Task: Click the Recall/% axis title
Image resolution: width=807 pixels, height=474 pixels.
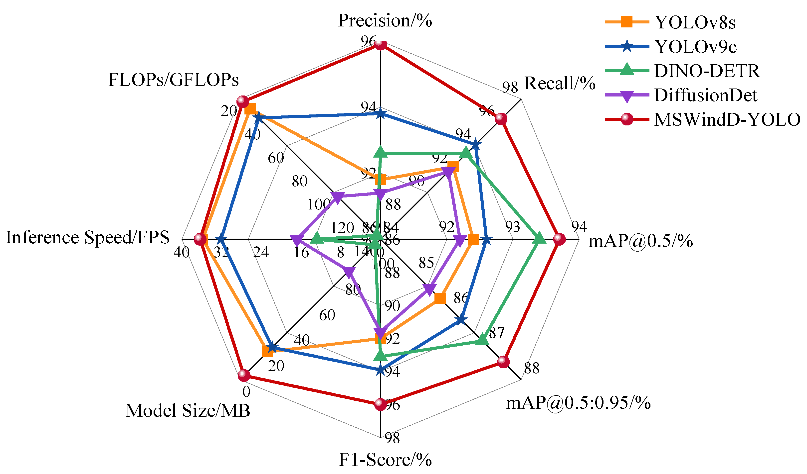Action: pyautogui.click(x=560, y=84)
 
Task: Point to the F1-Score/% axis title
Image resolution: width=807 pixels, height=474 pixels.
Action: pyautogui.click(x=385, y=460)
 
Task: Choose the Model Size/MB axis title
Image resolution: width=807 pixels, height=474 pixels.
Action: pyautogui.click(x=188, y=411)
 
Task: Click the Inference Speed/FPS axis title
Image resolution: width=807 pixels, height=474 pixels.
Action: pyautogui.click(x=87, y=238)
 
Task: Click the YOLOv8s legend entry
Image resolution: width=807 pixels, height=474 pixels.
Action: pyautogui.click(x=695, y=22)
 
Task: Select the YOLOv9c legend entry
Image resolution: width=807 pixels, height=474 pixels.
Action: pyautogui.click(x=695, y=47)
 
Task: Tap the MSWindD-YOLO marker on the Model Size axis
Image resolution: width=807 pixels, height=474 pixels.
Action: pyautogui.click(x=244, y=375)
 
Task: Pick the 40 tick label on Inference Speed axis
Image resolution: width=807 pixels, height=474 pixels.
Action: pyautogui.click(x=182, y=253)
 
